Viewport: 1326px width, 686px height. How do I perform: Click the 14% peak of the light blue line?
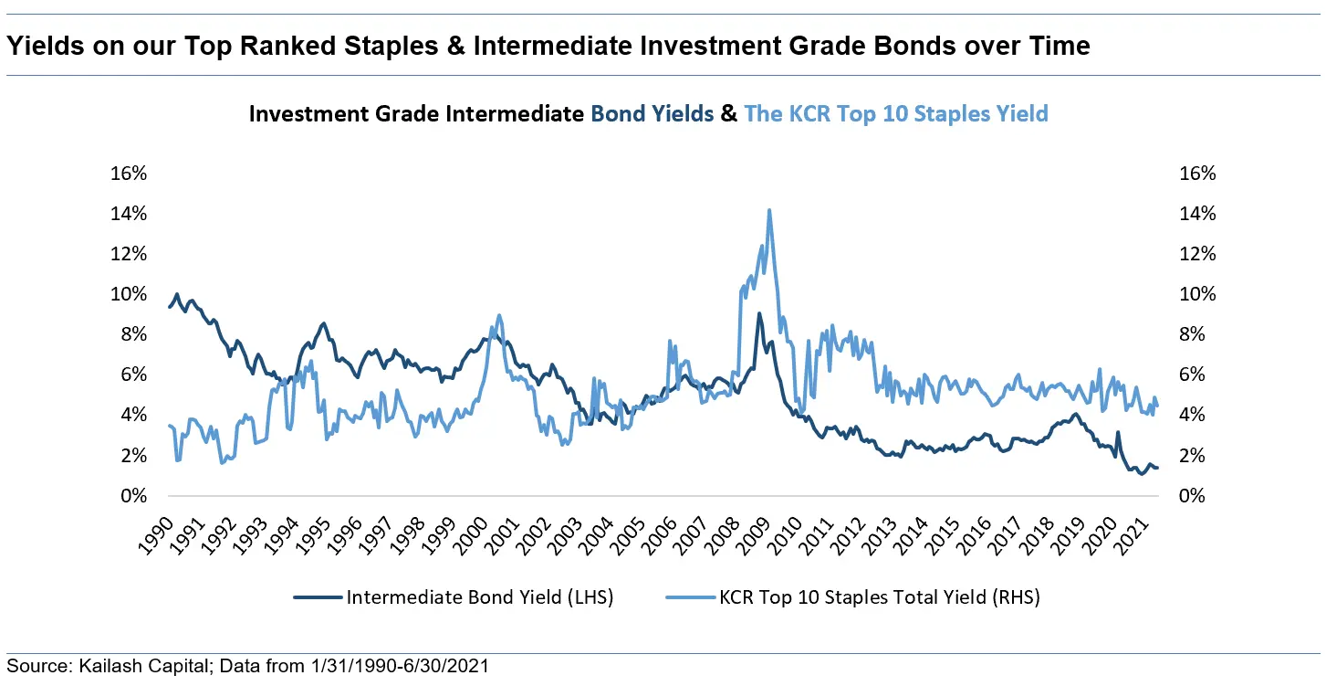click(769, 211)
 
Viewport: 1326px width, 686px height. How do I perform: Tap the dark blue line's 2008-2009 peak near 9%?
click(758, 314)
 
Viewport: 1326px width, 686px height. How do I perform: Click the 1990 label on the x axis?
click(162, 529)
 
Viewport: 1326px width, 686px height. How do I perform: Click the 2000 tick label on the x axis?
click(475, 529)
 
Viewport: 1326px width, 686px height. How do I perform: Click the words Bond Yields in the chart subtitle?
click(652, 114)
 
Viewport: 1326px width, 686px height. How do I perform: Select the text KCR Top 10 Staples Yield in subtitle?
click(896, 114)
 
